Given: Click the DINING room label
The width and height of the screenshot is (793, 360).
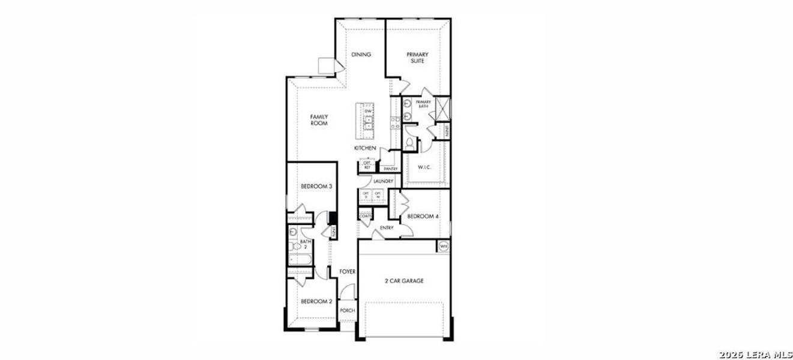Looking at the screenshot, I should point(361,55).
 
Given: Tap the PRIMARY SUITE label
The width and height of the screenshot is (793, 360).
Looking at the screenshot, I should point(417,58).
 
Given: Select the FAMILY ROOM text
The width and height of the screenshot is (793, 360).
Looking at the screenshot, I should point(319,119).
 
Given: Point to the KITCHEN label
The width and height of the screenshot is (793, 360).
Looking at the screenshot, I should point(365,148).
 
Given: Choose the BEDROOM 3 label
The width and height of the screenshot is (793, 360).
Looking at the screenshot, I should point(316,187).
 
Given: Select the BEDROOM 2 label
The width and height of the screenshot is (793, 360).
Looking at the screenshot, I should point(316,301).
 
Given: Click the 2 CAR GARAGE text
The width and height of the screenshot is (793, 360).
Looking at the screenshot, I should point(404,280).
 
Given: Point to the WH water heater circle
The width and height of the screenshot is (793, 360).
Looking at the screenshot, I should point(444,246).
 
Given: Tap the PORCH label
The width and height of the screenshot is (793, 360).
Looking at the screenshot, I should point(348,310).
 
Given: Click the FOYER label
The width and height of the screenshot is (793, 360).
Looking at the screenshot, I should point(348,272).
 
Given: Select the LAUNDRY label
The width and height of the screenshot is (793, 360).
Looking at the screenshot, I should point(383,181).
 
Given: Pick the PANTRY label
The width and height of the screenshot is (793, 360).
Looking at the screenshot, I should point(391,169).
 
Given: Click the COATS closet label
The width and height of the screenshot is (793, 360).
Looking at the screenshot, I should point(365,216).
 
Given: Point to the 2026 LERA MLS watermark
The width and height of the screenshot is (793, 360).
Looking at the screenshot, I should point(757,353).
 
